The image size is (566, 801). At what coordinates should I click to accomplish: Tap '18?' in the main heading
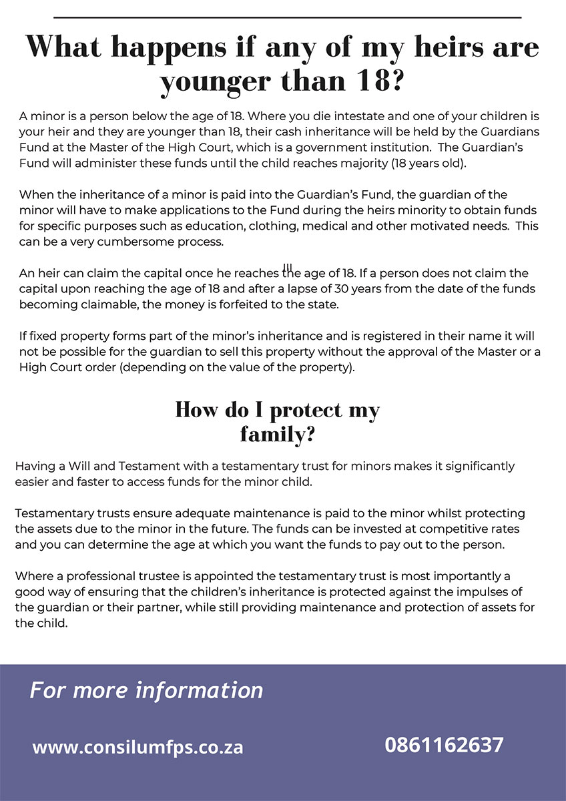tap(374, 81)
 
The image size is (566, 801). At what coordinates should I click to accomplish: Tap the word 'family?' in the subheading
tap(278, 435)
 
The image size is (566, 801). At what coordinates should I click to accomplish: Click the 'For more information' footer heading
tap(146, 690)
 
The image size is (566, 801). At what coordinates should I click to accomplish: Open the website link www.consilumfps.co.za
tap(137, 747)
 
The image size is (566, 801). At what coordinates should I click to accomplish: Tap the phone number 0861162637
tap(444, 745)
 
